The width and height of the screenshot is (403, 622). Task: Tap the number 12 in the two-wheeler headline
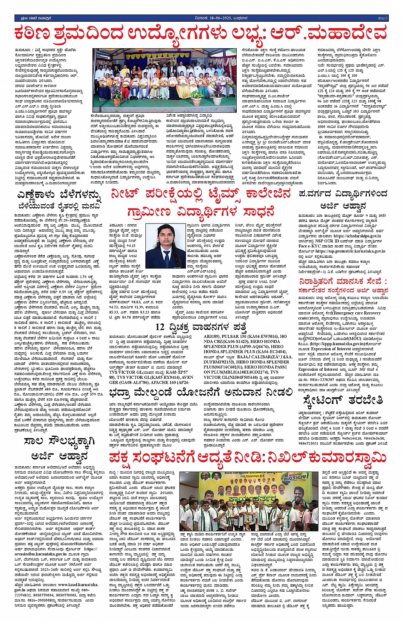160,327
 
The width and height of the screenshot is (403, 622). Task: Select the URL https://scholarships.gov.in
357,236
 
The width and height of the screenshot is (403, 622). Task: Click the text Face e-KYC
309,246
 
